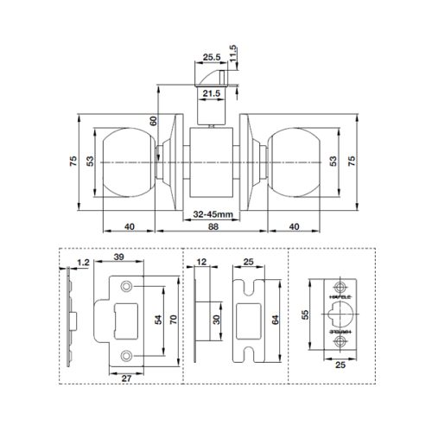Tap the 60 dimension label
(x=153, y=123)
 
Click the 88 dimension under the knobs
(x=213, y=226)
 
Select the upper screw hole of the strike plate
(x=127, y=286)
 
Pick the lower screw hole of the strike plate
(x=127, y=355)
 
